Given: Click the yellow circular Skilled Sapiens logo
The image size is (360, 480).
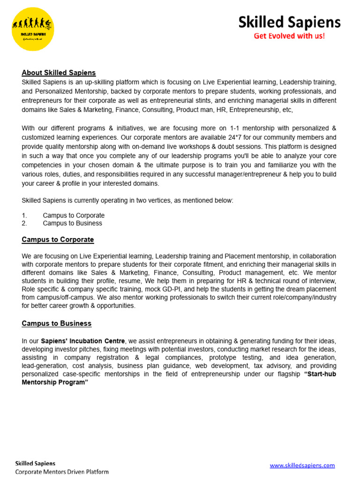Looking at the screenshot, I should point(33,29).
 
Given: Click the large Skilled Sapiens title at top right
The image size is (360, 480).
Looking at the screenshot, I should point(289,22).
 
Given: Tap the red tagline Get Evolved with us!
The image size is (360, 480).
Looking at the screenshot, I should point(289,36).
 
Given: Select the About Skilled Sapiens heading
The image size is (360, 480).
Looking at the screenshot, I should point(59,73).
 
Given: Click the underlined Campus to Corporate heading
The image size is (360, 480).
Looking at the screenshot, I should point(58,240).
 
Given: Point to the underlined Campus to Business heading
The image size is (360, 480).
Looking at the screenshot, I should point(57,323).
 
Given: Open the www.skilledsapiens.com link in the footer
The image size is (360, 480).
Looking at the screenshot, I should point(302,465).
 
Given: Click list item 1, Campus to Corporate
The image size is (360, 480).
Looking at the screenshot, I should point(74,216).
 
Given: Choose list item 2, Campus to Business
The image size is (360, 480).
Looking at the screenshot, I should point(72,224).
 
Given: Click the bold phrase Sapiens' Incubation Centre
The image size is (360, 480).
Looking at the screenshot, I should point(83,341).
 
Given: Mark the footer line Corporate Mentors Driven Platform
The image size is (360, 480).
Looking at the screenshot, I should point(62,472).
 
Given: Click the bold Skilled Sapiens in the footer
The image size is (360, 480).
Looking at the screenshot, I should point(35,464).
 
